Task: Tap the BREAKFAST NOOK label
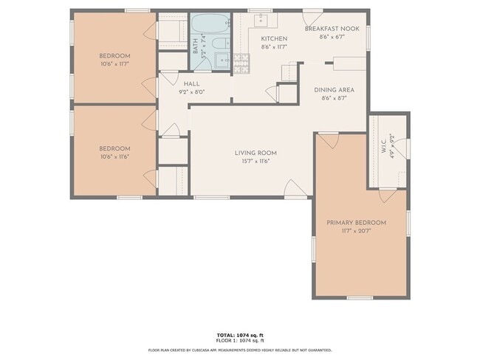point(332,28)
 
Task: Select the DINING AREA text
point(334,90)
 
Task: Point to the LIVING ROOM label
point(256,153)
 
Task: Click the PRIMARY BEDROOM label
point(357,222)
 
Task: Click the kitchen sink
point(262,19)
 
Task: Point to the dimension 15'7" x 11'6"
point(256,161)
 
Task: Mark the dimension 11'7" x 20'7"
point(357,231)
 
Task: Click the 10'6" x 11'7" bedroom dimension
point(114,65)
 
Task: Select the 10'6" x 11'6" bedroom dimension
point(114,156)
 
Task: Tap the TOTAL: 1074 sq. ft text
point(240,334)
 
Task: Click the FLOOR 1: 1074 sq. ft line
point(240,340)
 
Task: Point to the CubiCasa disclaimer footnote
point(240,350)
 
